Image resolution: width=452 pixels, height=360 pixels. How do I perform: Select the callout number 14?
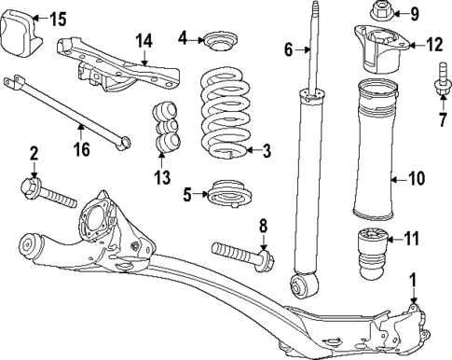[144, 40]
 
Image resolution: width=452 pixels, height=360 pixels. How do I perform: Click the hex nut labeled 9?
[385, 13]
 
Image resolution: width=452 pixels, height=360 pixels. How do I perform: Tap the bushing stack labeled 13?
[166, 126]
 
